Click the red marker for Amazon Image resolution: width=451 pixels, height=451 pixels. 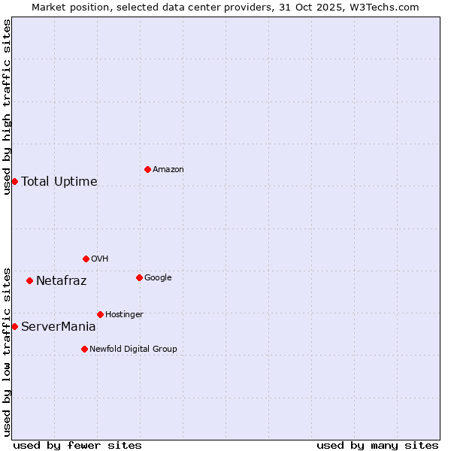(147, 169)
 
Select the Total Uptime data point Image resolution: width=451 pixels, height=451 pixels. (14, 181)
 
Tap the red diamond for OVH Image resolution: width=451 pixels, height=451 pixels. (86, 259)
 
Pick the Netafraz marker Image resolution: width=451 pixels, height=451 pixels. (29, 280)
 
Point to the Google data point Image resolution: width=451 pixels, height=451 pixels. (139, 277)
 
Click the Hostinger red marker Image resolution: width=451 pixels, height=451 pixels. (100, 314)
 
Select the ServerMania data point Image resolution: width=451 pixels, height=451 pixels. (14, 326)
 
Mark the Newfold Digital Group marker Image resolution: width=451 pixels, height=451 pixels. (84, 349)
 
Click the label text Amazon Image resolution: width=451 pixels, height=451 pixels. (168, 170)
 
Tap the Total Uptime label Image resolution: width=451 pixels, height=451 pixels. (59, 182)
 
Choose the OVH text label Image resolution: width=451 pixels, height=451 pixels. (100, 259)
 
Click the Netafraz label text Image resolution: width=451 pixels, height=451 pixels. (62, 281)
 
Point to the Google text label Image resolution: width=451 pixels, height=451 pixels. (158, 278)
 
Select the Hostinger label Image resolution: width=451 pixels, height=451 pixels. (124, 315)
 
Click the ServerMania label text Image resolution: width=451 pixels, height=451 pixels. (59, 327)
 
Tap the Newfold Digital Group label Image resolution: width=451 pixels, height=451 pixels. (133, 350)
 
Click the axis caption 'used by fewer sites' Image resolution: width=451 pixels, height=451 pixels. (77, 445)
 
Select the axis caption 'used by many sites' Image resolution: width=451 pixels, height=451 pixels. (377, 445)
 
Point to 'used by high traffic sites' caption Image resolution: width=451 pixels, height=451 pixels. (7, 107)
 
